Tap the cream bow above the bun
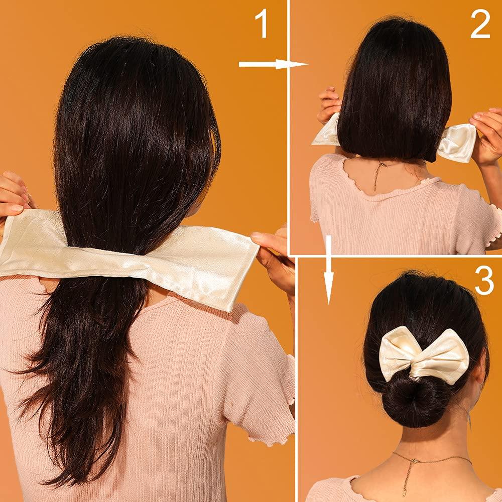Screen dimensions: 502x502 [x=424, y=354]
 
